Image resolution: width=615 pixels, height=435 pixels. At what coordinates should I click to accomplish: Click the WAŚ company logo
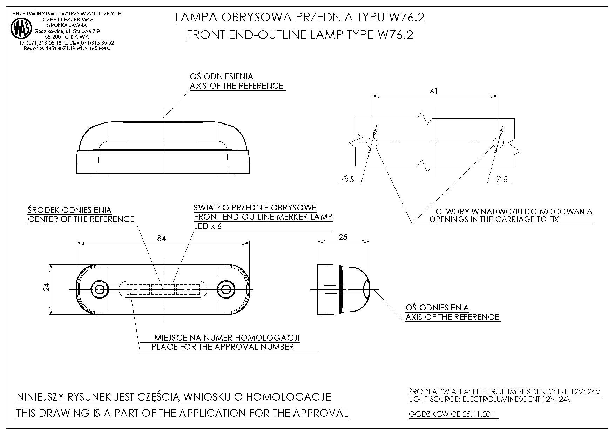[x=21, y=28]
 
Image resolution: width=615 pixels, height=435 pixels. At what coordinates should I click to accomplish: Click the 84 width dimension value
[x=161, y=239]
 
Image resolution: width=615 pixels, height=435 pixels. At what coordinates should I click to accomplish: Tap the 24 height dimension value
[x=47, y=287]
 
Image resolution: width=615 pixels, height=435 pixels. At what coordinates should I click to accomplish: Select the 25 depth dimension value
[x=343, y=237]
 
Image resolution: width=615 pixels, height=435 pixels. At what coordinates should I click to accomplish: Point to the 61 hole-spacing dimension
[x=434, y=92]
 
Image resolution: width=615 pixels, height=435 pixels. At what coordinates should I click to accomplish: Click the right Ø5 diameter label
[x=501, y=180]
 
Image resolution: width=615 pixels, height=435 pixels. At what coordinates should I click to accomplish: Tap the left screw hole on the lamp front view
[x=99, y=289]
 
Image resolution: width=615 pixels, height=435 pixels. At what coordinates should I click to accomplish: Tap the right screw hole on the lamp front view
[x=226, y=289]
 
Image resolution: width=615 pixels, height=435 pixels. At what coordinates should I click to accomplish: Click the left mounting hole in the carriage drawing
[x=372, y=142]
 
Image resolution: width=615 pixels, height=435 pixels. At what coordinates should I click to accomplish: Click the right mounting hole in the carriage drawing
[x=498, y=142]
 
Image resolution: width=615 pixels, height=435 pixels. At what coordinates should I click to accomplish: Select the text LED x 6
[x=208, y=226]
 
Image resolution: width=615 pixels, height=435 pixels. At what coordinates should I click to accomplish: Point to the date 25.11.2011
[x=480, y=414]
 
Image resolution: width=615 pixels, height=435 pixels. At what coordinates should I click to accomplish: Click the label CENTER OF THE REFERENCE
[x=81, y=219]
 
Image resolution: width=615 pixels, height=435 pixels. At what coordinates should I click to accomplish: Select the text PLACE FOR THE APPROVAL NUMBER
[x=223, y=347]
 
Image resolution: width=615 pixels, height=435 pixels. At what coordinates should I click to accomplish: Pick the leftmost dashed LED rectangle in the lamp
[x=132, y=289]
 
